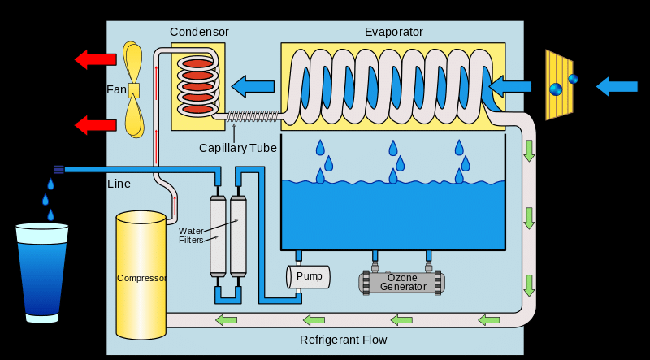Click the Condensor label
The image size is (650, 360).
pos(199,32)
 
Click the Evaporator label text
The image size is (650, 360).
pos(393,32)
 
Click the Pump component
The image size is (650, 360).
pos(309,276)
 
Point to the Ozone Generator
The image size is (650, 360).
pos(402,282)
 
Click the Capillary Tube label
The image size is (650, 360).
pos(238,148)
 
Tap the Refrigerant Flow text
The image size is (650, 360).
pos(343,340)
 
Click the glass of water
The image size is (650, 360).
pos(42,272)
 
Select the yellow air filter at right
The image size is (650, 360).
pos(558,85)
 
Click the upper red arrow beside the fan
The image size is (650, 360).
pos(95,59)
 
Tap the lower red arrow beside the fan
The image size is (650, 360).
pos(95,124)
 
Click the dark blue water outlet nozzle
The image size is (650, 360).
pos(58,169)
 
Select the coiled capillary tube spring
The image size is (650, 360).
pos(253,116)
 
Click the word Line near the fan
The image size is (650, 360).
pos(119,184)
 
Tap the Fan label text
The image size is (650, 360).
pos(116,89)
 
